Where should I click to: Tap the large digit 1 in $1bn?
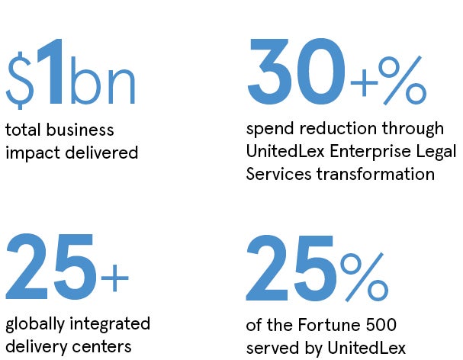coord(51,72)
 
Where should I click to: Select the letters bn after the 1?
coord(103,80)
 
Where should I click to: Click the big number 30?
coord(296,71)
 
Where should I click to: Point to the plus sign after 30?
coord(364,83)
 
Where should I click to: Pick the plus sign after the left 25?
coord(115,278)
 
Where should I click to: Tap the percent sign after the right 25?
coord(364,277)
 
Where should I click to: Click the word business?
coord(80,130)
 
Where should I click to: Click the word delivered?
coord(101,152)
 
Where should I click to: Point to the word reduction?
coord(338,128)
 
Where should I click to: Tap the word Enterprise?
coord(370,152)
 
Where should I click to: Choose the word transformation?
coord(375,174)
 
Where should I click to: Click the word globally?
coord(35,325)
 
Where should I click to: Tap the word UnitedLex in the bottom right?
coord(366,348)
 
